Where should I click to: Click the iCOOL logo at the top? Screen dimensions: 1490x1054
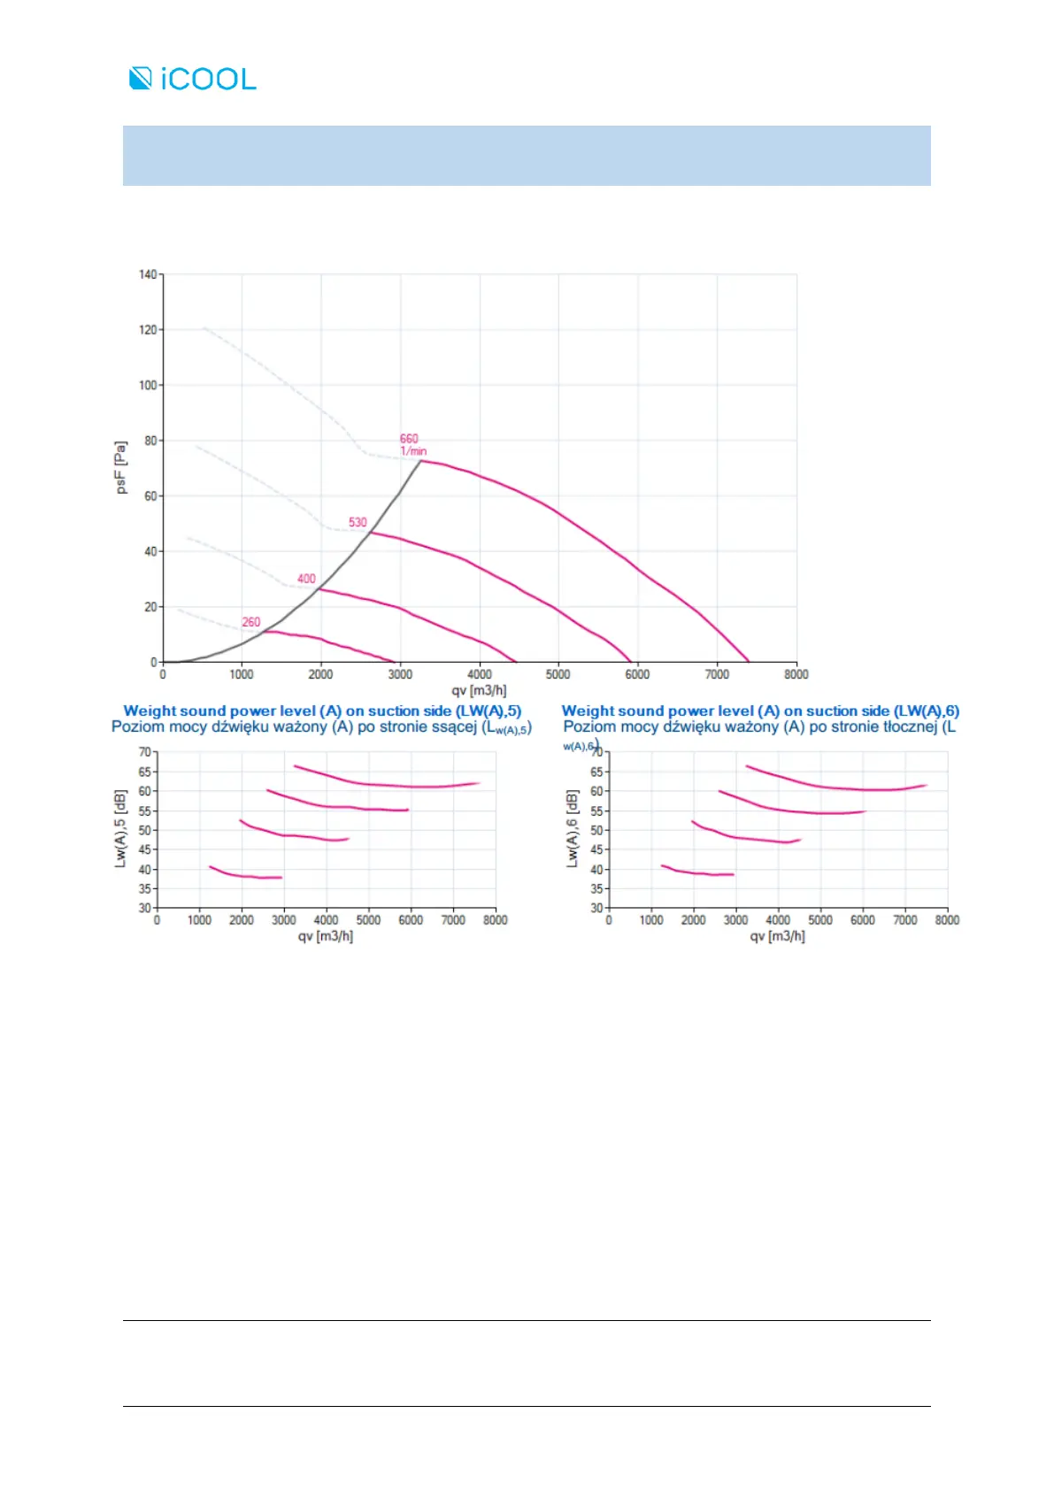(x=193, y=79)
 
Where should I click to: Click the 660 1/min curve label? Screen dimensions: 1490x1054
(x=412, y=444)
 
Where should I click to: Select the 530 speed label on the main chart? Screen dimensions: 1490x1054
(x=358, y=522)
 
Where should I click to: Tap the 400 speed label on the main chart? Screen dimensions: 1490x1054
(x=306, y=579)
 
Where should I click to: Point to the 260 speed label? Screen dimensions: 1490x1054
(x=251, y=622)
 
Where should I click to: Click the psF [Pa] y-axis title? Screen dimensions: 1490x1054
(x=121, y=466)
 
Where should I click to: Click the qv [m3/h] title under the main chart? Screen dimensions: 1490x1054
(x=479, y=690)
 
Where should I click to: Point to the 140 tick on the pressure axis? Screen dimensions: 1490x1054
(x=147, y=274)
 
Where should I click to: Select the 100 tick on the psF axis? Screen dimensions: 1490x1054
(x=147, y=385)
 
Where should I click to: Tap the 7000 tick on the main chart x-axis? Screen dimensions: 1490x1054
(x=717, y=674)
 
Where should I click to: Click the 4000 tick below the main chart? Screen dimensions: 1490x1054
(x=480, y=674)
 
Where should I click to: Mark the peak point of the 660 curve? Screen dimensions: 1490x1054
(x=420, y=460)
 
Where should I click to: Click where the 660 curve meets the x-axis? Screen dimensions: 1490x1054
(x=749, y=661)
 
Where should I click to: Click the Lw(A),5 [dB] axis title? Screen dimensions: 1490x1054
(x=120, y=828)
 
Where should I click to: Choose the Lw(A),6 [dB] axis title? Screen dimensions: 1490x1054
(x=572, y=828)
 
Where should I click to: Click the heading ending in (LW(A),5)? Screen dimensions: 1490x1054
(x=322, y=710)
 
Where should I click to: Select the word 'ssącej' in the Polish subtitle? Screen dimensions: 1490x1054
(x=452, y=726)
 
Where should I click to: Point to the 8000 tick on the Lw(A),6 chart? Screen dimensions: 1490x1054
(x=947, y=920)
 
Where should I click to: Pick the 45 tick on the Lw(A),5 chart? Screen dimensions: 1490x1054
(x=144, y=849)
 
